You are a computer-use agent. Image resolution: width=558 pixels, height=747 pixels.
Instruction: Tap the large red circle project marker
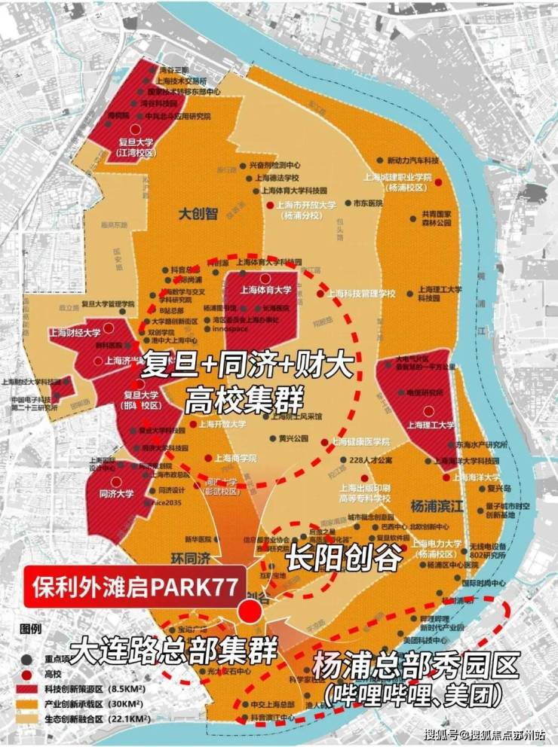(250, 611)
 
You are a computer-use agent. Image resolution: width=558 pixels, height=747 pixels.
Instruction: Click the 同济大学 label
(116, 494)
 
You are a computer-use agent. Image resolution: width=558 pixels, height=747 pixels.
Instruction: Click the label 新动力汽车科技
(412, 161)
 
